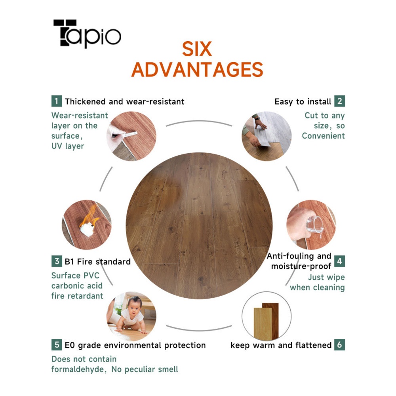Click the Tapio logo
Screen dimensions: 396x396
pos(87,34)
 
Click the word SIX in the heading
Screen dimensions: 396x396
pos(197,49)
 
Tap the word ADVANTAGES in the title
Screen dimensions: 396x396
pos(197,69)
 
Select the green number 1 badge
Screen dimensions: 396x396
pos(57,101)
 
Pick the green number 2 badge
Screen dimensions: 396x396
pos(339,101)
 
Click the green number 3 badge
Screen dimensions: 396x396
pos(57,261)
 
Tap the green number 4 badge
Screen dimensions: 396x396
pos(339,261)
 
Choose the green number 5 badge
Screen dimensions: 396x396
pos(57,345)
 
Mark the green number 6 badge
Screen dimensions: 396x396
pos(339,345)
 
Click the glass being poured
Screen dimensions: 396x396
pos(315,225)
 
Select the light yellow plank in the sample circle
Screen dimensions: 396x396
pos(263,324)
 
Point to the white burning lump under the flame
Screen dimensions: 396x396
pos(87,229)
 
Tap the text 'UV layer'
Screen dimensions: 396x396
pos(68,146)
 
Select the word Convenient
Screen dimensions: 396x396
pos(323,135)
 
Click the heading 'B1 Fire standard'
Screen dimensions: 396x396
pos(98,261)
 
